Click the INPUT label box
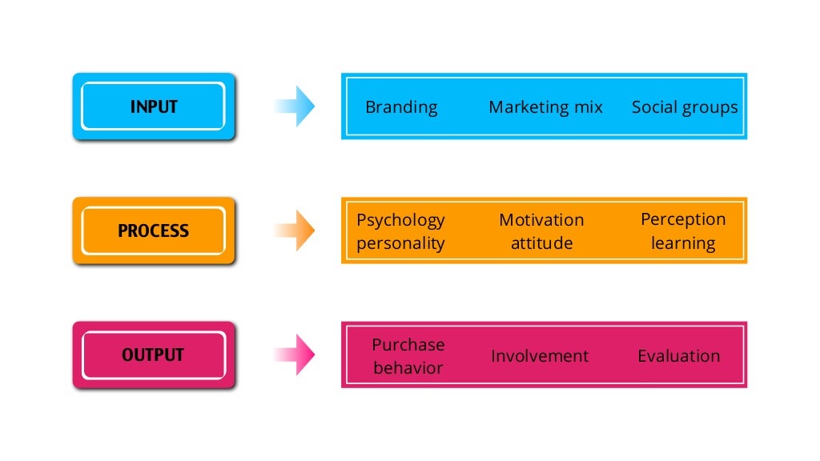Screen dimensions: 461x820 [x=154, y=106]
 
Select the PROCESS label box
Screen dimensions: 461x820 [x=154, y=230]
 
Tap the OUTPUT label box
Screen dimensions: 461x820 [x=154, y=355]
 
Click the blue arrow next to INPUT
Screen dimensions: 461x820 [x=295, y=106]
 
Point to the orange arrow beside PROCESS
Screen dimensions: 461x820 [x=295, y=230]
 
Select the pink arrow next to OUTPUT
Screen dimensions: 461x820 [x=295, y=355]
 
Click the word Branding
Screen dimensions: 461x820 [x=401, y=107]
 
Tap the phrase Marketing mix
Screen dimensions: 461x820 [x=545, y=107]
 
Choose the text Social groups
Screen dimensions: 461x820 [x=685, y=107]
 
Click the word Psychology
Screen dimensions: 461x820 [x=400, y=220]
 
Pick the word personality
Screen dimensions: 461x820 [x=400, y=243]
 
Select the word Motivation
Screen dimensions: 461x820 [x=541, y=220]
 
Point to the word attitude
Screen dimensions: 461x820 [x=541, y=243]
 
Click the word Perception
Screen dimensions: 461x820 [x=683, y=219]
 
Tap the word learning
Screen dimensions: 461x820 [x=682, y=243]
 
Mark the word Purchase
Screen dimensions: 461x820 [x=408, y=345]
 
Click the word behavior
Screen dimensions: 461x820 [x=408, y=368]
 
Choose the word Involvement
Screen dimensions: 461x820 [x=540, y=356]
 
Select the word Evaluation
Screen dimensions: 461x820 [x=678, y=356]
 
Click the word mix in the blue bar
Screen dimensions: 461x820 [x=588, y=107]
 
